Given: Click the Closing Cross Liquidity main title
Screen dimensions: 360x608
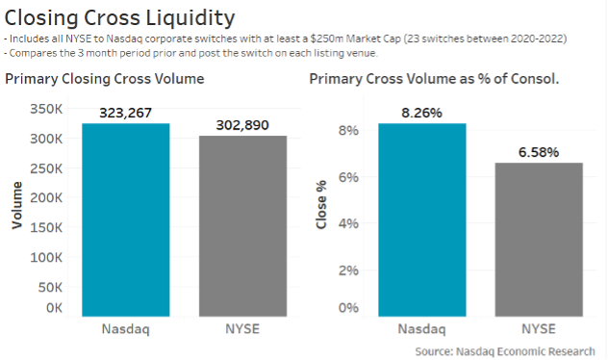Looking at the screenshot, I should click(120, 16).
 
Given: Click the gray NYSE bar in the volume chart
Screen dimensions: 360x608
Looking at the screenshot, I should click(243, 226).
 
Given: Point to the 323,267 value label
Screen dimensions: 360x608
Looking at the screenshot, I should click(125, 113).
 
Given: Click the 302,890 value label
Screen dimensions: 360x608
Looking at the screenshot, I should click(243, 125).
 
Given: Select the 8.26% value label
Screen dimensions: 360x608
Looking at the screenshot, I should click(423, 113).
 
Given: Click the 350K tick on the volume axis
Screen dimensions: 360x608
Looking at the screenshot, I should click(47, 109).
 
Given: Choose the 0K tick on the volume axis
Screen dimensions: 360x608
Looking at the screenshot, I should click(54, 308).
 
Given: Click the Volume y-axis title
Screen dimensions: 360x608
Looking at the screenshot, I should click(16, 210).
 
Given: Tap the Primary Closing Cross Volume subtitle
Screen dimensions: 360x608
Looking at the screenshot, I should click(105, 78).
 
